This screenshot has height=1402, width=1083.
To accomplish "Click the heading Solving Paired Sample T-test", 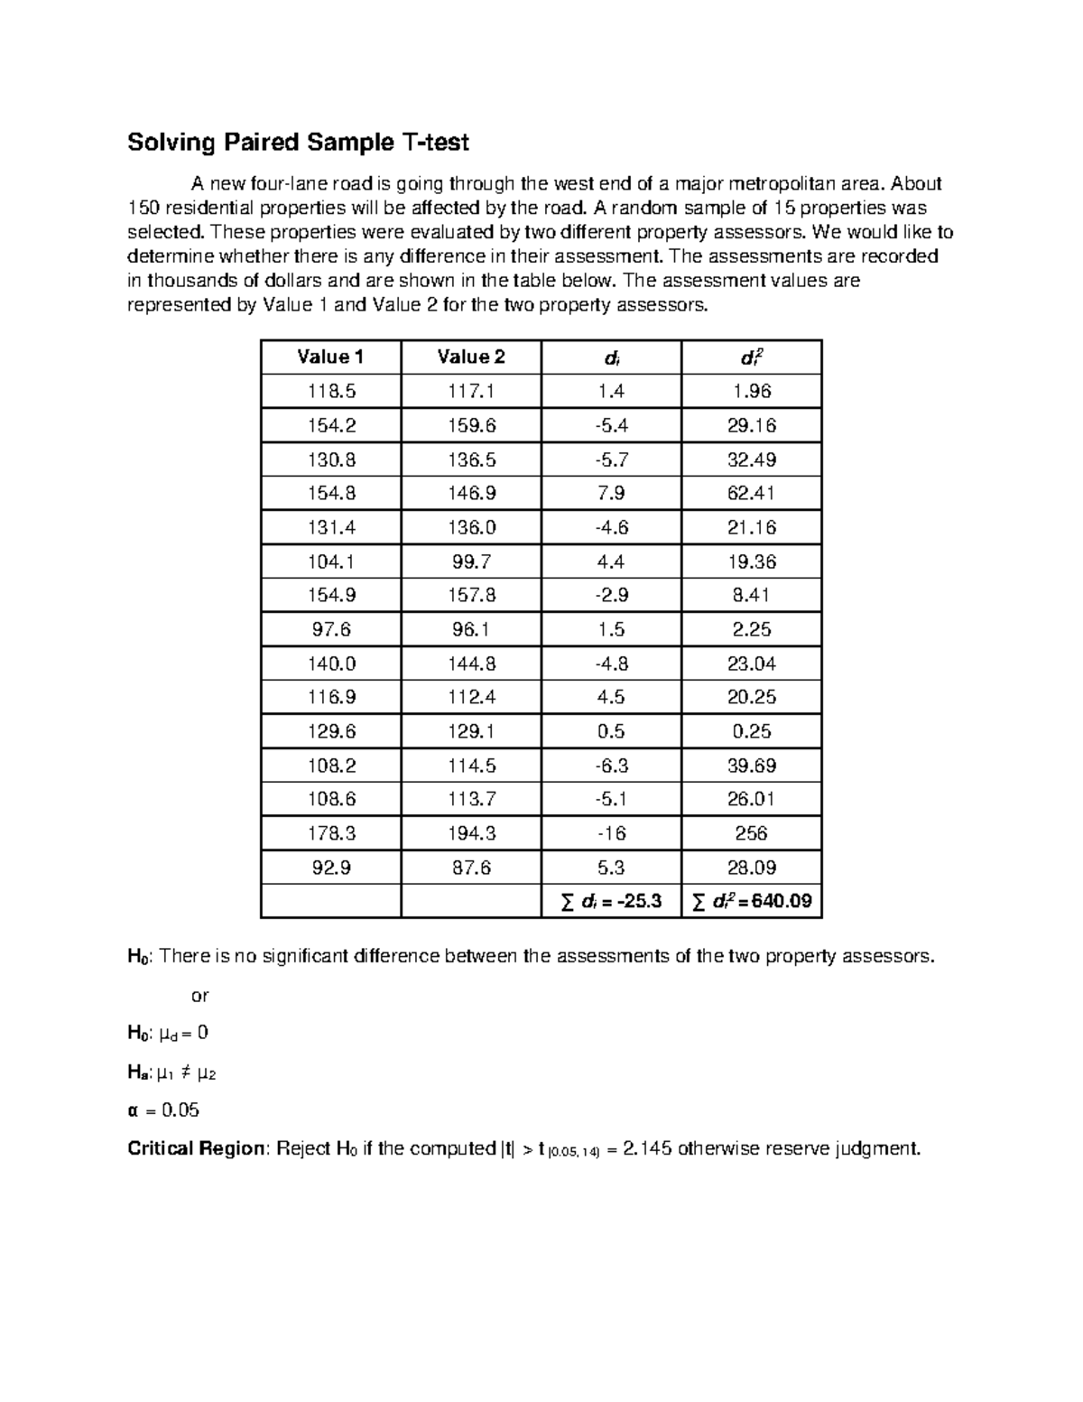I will (x=298, y=143).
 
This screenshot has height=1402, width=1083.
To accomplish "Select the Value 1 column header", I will (x=330, y=357).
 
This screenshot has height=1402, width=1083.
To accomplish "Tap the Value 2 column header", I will (x=471, y=357).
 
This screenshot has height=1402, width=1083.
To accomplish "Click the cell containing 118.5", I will (x=330, y=391).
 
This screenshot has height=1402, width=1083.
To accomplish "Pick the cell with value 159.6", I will (x=471, y=425).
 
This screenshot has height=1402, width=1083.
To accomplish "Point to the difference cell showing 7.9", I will (x=611, y=493).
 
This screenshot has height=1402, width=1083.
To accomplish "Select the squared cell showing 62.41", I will (x=752, y=493).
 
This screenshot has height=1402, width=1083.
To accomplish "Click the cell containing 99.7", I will (x=471, y=562).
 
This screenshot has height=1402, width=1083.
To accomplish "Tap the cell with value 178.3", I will (x=330, y=833).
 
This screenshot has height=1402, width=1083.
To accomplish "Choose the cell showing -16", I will (x=611, y=833).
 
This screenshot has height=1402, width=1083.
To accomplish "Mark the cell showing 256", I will (x=752, y=833).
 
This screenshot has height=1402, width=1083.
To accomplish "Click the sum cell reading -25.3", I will (x=611, y=901).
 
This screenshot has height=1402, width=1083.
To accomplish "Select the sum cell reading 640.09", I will (x=752, y=901).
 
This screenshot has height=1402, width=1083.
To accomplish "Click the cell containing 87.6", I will (x=471, y=868).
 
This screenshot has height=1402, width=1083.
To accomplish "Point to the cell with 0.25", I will (x=752, y=731).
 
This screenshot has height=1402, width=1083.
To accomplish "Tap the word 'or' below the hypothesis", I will (x=199, y=996).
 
